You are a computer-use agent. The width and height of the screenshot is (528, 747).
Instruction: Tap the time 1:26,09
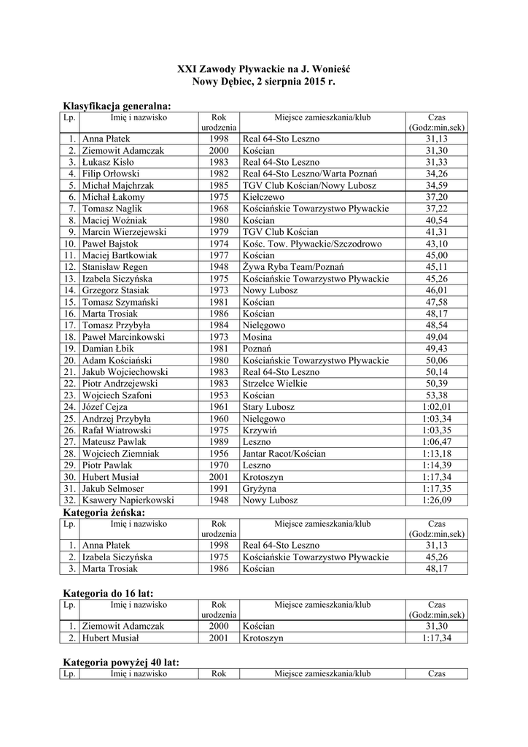click(437, 500)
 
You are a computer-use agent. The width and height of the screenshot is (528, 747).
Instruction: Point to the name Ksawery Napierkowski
click(128, 500)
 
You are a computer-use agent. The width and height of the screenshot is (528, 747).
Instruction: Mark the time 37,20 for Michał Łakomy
click(437, 197)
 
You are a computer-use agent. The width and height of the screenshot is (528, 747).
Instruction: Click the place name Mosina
click(257, 337)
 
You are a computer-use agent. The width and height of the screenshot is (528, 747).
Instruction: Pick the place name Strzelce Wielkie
click(275, 384)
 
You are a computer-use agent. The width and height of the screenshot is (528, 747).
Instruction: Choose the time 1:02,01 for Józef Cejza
click(437, 407)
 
